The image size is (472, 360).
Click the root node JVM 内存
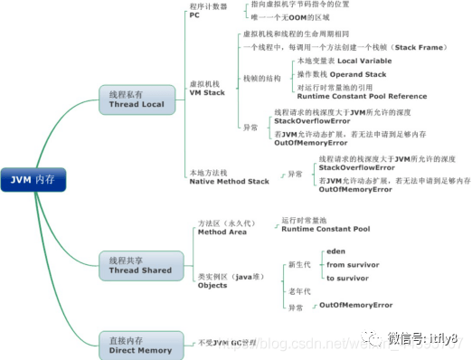(x=33, y=180)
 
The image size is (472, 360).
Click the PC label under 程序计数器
(x=194, y=15)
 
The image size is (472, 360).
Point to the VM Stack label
(x=207, y=92)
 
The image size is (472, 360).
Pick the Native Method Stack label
(x=230, y=181)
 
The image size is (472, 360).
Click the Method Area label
(x=222, y=232)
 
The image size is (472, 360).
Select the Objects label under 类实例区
(x=214, y=284)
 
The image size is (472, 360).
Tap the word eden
(x=335, y=251)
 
